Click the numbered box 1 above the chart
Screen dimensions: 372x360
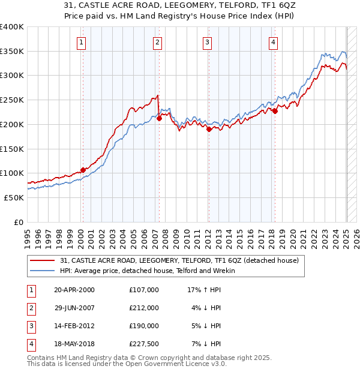pos(81,42)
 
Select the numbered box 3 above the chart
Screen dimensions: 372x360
pos(206,42)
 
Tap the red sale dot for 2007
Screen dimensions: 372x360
pos(160,119)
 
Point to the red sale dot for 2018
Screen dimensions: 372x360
pos(275,111)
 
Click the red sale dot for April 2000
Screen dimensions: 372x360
pos(83,170)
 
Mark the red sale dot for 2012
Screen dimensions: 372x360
pos(209,129)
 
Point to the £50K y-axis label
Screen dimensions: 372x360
pos(14,197)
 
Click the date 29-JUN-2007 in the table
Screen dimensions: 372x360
pos(74,307)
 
